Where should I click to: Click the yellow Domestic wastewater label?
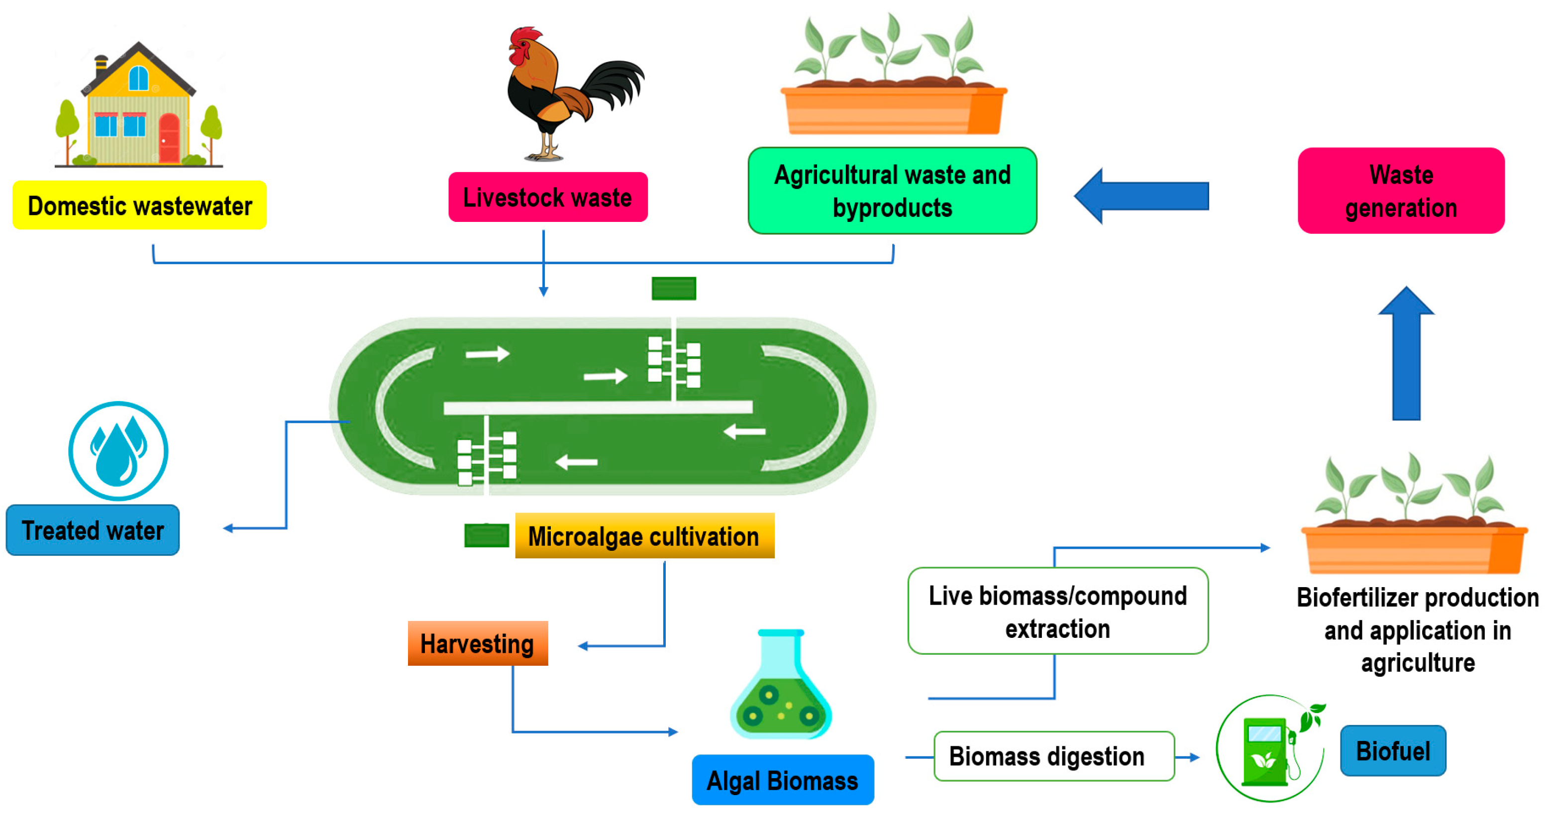139,205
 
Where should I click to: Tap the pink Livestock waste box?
547,197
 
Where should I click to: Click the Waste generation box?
1401,191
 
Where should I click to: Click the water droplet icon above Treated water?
118,451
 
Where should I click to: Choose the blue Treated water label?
93,530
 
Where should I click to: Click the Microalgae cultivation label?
644,536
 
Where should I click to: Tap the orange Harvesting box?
477,644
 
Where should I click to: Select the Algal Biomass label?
782,780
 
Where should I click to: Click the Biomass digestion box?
1053,756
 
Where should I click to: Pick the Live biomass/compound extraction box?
1057,611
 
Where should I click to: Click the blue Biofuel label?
1393,751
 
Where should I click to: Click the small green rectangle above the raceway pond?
674,289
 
